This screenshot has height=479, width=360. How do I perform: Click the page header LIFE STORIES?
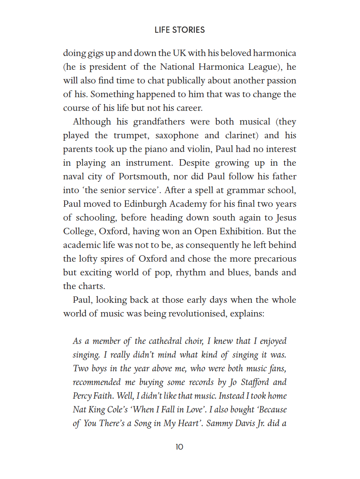pos(180,30)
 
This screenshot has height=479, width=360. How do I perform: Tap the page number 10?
pos(180,447)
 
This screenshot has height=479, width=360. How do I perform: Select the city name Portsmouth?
pos(144,177)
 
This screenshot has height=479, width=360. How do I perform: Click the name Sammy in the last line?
pos(221,423)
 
